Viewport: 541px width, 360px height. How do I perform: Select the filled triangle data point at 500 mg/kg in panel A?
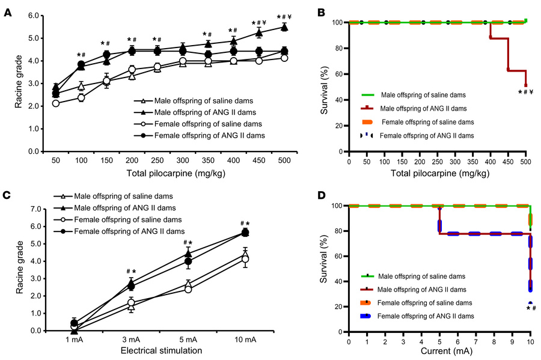click(x=284, y=28)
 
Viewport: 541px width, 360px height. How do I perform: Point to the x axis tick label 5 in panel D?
click(x=439, y=340)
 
